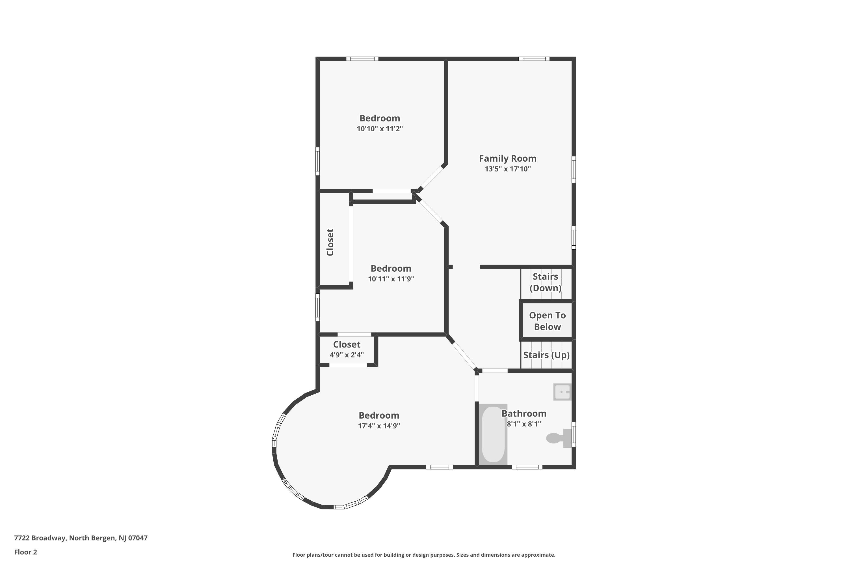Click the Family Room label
point(507,158)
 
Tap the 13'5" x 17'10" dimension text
point(508,169)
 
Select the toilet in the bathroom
point(559,438)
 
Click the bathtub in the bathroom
point(493,434)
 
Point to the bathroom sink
point(563,392)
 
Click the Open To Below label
point(547,321)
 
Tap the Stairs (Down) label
point(546,282)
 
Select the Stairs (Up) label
point(546,355)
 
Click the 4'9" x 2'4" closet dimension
point(347,355)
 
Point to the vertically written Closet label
point(330,242)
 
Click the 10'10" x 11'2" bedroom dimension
point(380,129)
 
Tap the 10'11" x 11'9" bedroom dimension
point(391,279)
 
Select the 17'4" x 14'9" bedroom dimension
point(379,426)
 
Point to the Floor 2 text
point(26,552)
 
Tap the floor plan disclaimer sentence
point(424,555)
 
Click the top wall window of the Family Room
point(534,59)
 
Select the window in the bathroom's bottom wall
point(527,467)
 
